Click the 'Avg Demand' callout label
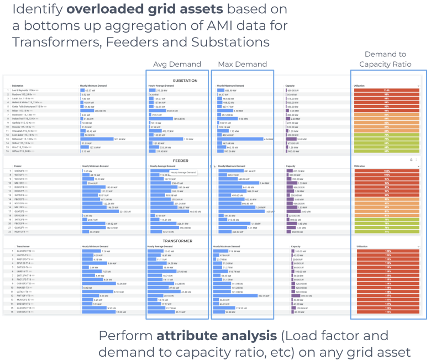tap(177, 64)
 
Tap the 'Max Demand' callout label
tap(241, 64)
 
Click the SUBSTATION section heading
tap(185, 81)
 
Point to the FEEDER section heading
tap(181, 161)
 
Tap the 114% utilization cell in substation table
tap(387, 90)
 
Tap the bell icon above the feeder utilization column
tap(411, 160)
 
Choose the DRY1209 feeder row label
tap(19, 215)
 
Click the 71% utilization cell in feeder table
tap(387, 232)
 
